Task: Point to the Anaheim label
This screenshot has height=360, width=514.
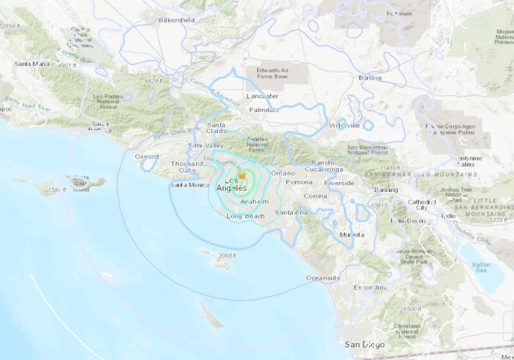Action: (x=255, y=201)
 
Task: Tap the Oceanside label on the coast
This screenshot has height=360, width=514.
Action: (x=322, y=278)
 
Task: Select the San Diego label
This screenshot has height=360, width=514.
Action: (x=362, y=345)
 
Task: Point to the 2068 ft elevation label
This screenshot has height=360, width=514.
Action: (x=227, y=255)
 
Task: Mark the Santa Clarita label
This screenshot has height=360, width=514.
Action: (x=217, y=125)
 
